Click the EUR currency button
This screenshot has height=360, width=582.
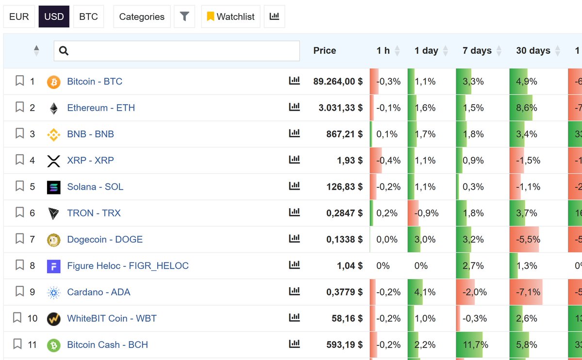click(x=19, y=16)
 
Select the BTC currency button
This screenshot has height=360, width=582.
click(x=88, y=16)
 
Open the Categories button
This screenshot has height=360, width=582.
click(x=142, y=16)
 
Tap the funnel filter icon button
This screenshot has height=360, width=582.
click(x=184, y=16)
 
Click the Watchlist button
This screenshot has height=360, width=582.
click(x=231, y=16)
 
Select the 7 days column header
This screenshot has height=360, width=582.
click(x=477, y=51)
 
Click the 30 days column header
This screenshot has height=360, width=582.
click(x=533, y=51)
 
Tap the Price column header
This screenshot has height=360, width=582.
click(x=325, y=51)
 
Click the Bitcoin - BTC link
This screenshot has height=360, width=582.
click(x=95, y=82)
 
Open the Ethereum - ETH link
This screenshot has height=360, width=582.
click(x=101, y=108)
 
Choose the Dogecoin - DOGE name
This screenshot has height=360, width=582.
click(x=105, y=239)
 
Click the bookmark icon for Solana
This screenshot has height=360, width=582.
click(x=19, y=186)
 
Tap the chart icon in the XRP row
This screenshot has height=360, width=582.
click(x=294, y=160)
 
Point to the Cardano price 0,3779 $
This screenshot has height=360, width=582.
click(x=344, y=292)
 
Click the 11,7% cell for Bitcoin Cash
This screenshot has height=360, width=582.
click(x=476, y=345)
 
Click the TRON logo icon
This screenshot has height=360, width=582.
click(x=53, y=213)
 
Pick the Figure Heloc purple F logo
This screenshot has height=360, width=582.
click(x=53, y=266)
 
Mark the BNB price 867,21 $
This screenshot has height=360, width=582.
click(x=344, y=134)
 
